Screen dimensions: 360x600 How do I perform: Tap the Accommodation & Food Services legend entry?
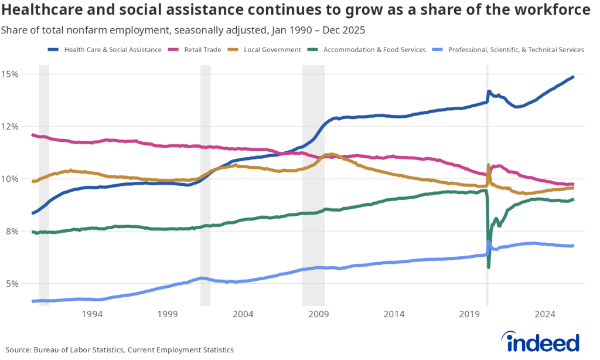(374, 50)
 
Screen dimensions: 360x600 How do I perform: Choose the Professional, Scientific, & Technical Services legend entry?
(516, 50)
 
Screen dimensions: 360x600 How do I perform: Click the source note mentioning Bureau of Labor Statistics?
(120, 349)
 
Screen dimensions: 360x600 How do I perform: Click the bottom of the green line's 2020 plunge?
(488, 267)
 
